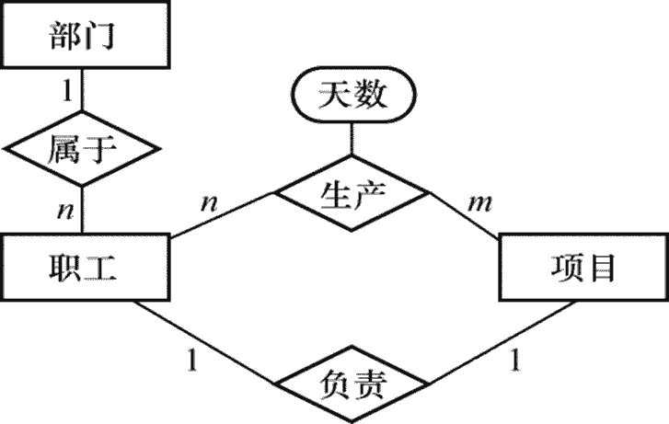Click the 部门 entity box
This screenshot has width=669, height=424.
[84, 38]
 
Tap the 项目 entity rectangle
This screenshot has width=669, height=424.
[582, 268]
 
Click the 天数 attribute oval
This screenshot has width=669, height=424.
[352, 96]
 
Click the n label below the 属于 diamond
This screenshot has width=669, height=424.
[64, 211]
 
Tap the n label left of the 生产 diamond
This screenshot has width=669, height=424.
[209, 199]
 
